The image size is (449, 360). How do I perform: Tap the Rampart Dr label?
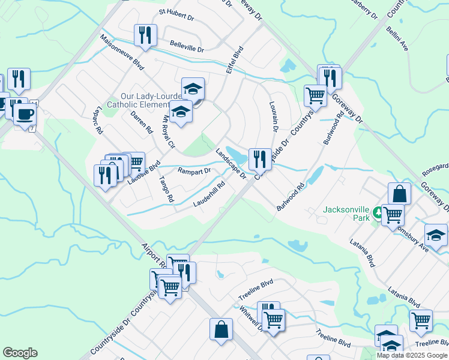194,171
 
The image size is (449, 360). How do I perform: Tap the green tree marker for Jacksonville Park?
378,212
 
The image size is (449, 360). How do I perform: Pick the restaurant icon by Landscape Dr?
259,158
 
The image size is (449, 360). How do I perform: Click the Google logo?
20,353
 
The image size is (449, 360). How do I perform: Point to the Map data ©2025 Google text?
412,355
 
